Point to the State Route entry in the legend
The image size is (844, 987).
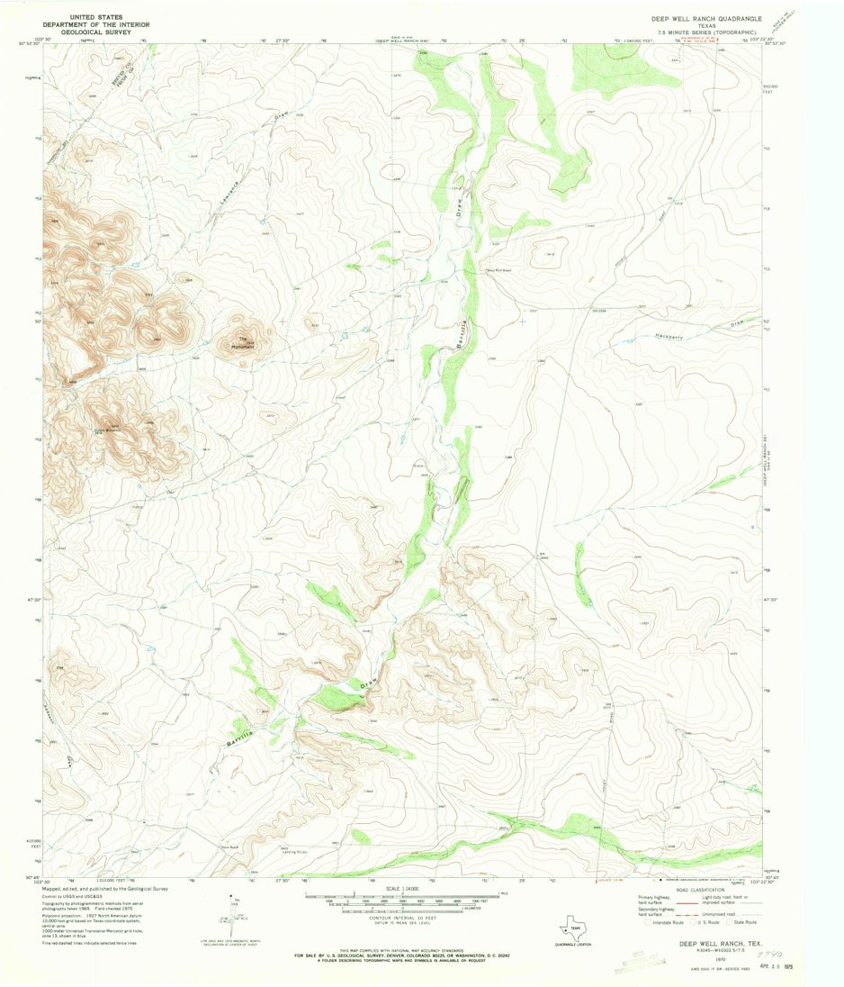(x=743, y=922)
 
